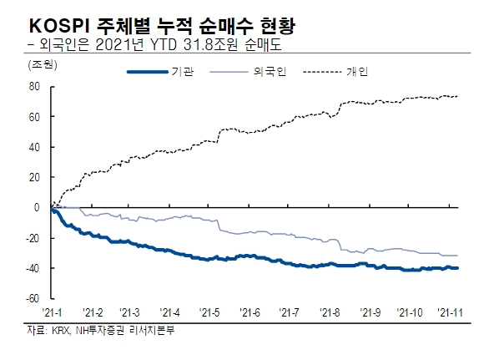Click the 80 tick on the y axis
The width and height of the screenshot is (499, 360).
click(x=36, y=86)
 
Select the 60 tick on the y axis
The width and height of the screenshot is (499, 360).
click(x=36, y=116)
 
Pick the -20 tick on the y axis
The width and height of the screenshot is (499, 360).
click(x=34, y=237)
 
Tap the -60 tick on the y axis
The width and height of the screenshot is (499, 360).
click(x=34, y=298)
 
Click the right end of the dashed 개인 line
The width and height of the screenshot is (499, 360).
click(x=457, y=96)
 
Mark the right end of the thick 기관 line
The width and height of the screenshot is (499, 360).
click(x=457, y=268)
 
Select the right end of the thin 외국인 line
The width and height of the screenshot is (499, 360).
click(x=457, y=255)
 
